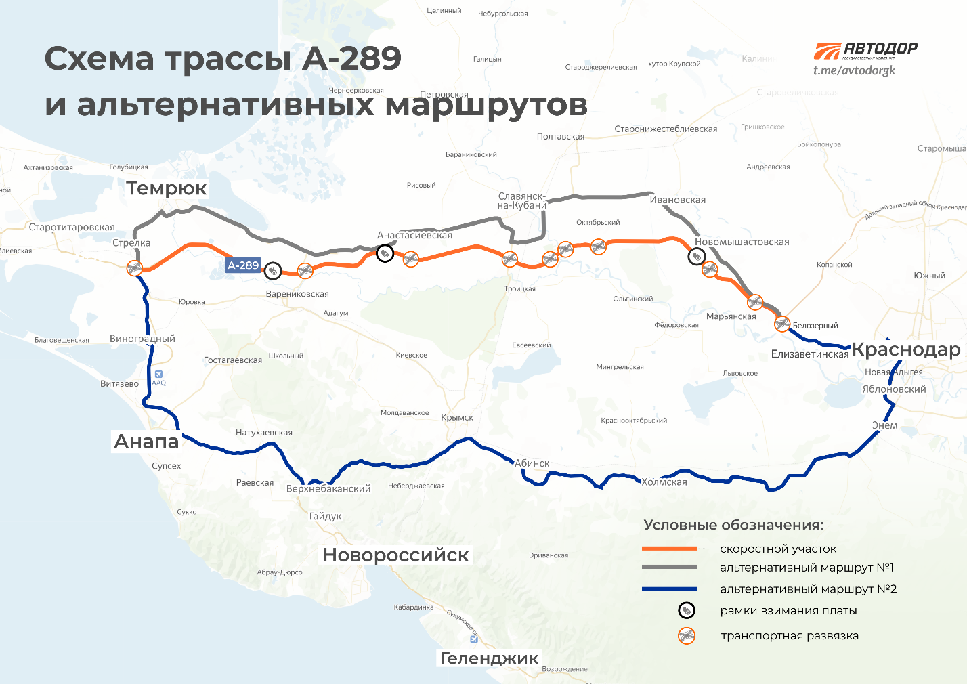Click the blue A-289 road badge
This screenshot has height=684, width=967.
point(243,265)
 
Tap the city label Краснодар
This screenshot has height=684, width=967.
point(905,349)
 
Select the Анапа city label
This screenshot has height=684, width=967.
point(146,442)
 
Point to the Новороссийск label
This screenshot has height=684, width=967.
point(395,555)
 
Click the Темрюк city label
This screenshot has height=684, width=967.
point(166,188)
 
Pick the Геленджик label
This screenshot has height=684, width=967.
point(489,658)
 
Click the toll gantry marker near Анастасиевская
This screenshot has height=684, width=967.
point(385,254)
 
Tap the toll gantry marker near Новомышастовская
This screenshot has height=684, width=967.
point(696,257)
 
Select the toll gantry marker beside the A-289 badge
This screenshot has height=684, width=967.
point(272,271)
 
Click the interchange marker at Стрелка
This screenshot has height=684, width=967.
point(135,268)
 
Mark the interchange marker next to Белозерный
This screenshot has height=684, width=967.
point(782,324)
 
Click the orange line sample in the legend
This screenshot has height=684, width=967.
point(669,549)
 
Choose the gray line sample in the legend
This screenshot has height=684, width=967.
point(669,568)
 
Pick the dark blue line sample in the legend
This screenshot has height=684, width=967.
point(669,589)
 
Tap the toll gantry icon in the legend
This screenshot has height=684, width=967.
point(687,611)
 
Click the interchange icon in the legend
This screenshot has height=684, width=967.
point(687,636)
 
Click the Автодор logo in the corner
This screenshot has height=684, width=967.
point(865,50)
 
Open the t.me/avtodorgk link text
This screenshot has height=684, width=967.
point(854,70)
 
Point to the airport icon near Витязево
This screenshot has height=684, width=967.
point(158,374)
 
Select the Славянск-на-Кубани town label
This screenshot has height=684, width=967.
point(521,201)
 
